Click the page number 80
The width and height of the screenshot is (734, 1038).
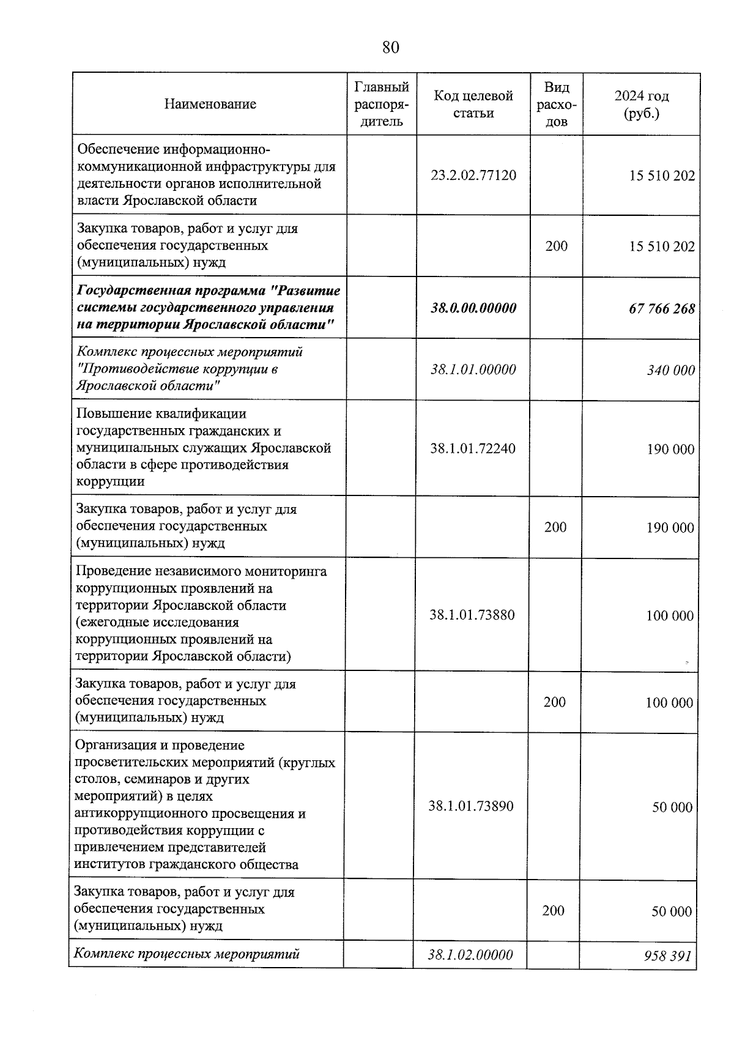(390, 47)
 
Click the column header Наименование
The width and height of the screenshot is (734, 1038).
(210, 104)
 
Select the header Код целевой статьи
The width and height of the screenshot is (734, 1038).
(473, 104)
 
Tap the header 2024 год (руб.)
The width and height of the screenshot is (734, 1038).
(641, 104)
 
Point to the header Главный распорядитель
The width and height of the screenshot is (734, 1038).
(382, 104)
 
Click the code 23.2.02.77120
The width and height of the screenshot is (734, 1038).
(473, 176)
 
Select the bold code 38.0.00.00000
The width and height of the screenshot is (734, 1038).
(473, 308)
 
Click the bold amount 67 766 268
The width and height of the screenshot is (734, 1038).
(661, 309)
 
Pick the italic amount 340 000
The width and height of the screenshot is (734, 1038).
(670, 370)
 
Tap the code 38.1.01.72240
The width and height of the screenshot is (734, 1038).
(472, 448)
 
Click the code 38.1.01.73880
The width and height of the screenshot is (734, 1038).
(472, 615)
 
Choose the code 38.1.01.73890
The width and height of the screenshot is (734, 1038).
(470, 806)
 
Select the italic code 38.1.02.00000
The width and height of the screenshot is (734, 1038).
(470, 954)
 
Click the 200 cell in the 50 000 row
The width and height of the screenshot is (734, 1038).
(553, 911)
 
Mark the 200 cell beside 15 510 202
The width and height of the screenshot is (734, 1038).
(556, 246)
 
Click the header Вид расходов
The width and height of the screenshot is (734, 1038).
(556, 104)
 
